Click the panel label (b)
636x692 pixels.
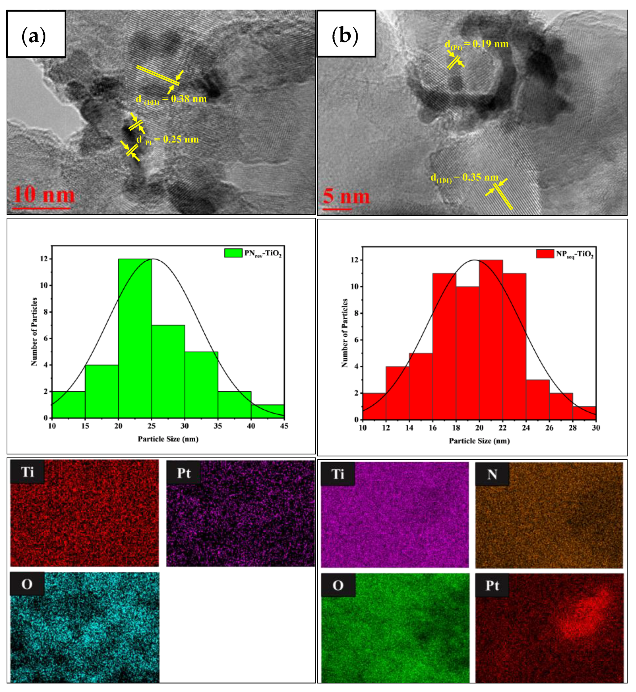[345, 35]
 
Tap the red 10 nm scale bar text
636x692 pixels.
[44, 195]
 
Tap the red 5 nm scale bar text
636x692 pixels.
[346, 196]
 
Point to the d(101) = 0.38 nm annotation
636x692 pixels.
[171, 99]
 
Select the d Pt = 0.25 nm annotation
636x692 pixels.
[167, 140]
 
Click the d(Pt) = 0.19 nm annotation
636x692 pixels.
[476, 44]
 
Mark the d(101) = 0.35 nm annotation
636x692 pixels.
[465, 178]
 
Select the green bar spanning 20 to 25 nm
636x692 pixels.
[135, 338]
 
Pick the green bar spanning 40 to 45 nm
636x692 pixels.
[267, 411]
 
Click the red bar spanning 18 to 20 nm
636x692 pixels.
[467, 353]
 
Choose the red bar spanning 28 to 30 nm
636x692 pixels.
[584, 413]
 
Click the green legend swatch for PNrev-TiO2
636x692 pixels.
[233, 253]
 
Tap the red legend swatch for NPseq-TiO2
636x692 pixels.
[545, 254]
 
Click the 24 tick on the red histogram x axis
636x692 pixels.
[526, 428]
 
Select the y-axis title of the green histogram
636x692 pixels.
[34, 332]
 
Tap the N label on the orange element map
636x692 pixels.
[492, 475]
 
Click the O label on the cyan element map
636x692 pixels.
[27, 584]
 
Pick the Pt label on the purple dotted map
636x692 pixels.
[183, 473]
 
